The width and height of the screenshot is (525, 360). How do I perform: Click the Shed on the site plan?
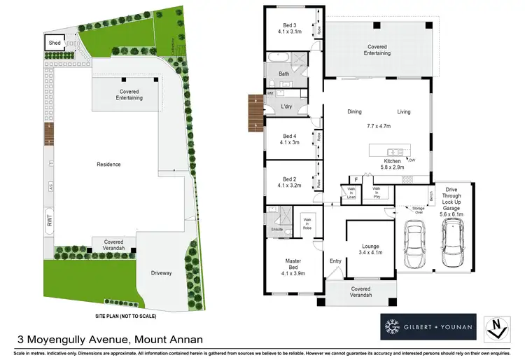coord(55,43)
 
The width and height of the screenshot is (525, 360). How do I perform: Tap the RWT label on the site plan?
coord(50,218)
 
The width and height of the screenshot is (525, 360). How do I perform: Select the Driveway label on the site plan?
coord(161,272)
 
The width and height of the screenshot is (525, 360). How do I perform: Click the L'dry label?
coord(286,106)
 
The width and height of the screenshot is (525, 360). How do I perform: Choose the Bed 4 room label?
coord(290,139)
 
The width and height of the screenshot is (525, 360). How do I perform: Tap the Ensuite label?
coord(276,228)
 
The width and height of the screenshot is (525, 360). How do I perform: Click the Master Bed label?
coord(293,265)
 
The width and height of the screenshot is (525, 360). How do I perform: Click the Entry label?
coord(335,261)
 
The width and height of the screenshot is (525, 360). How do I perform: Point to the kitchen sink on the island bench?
coord(395,151)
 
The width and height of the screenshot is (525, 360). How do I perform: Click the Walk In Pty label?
coord(376,193)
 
